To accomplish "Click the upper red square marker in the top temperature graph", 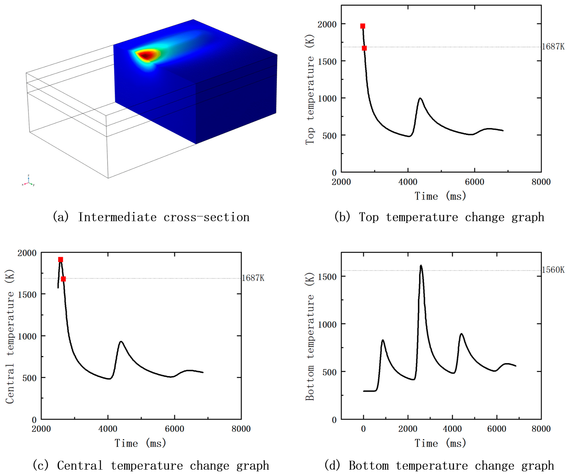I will tap(363, 26).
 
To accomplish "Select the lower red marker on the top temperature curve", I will tap(364, 48).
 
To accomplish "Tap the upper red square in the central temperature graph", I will tap(61, 260).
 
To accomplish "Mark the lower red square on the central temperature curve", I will tap(63, 279).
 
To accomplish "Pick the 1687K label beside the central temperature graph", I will tap(253, 278).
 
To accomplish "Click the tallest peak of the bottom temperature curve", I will tap(421, 266).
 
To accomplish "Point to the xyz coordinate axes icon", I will tap(28, 182).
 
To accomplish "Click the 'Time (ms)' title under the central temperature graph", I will tap(140, 443).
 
